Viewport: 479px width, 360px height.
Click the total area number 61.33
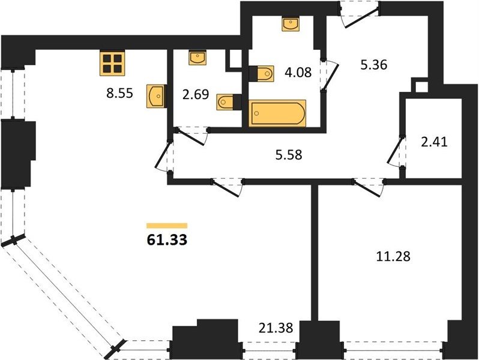pyautogui.click(x=167, y=240)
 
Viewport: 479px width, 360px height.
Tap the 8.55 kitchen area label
pyautogui.click(x=120, y=93)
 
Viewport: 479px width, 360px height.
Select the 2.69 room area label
pyautogui.click(x=196, y=95)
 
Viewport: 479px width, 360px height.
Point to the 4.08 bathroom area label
pyautogui.click(x=298, y=73)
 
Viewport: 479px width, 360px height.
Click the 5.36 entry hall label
pyautogui.click(x=374, y=65)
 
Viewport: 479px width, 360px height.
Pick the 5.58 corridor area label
pyautogui.click(x=289, y=155)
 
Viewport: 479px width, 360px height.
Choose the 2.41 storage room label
pyautogui.click(x=434, y=142)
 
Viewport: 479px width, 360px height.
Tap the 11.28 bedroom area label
pyautogui.click(x=393, y=256)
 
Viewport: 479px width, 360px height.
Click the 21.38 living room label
pyautogui.click(x=276, y=328)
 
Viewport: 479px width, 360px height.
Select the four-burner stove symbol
pyautogui.click(x=112, y=64)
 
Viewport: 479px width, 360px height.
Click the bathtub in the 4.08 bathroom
pyautogui.click(x=277, y=113)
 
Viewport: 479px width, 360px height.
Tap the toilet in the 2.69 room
pyautogui.click(x=229, y=102)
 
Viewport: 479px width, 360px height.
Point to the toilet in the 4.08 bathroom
pyautogui.click(x=262, y=74)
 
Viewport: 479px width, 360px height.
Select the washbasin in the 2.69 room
pyautogui.click(x=197, y=58)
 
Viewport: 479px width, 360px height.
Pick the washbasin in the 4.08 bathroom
pyautogui.click(x=291, y=24)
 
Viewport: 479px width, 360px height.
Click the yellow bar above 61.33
pyautogui.click(x=167, y=226)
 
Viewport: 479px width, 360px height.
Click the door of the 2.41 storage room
pyautogui.click(x=394, y=151)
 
